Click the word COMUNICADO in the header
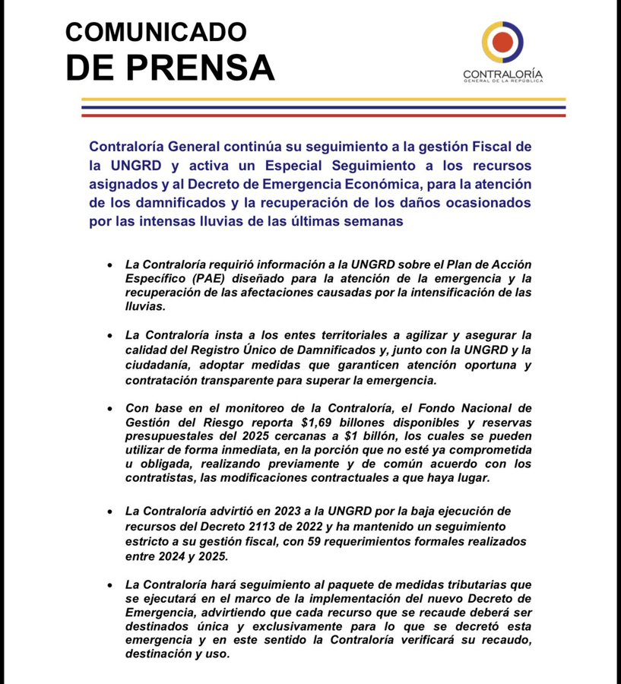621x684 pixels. (156, 32)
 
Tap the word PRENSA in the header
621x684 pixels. (199, 68)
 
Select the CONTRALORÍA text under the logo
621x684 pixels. (502, 74)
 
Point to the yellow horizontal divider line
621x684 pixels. (323, 100)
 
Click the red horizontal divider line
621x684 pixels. (323, 116)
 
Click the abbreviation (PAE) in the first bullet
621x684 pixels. (193, 278)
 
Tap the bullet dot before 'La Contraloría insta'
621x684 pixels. (110, 335)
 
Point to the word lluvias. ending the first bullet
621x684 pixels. (144, 306)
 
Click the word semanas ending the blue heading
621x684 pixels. (375, 221)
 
